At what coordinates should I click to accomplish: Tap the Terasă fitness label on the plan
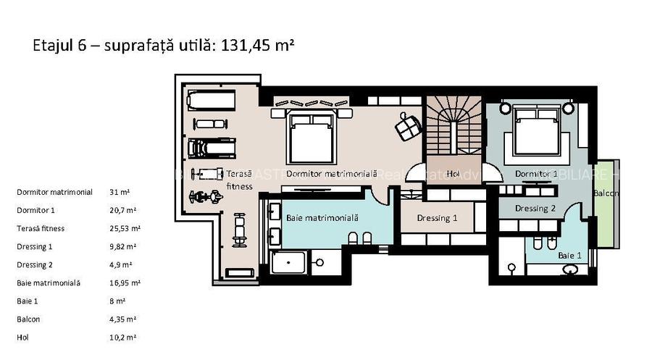tap(239, 180)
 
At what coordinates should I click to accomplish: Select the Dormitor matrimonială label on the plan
tap(332, 175)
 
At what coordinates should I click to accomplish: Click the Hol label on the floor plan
tap(453, 174)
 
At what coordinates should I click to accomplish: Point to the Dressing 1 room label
tap(437, 218)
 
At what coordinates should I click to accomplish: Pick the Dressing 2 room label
tap(535, 209)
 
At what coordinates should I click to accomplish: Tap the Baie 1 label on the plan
tap(569, 255)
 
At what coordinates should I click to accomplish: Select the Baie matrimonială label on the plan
tap(322, 217)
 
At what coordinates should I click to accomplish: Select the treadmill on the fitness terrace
tap(211, 148)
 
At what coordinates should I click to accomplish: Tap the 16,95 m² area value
tap(125, 283)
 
